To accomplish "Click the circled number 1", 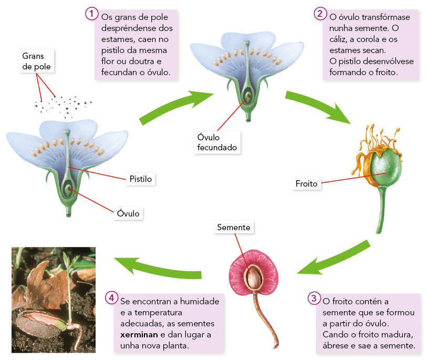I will click(92, 14).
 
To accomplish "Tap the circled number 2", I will click(320, 14).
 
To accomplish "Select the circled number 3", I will click(314, 298).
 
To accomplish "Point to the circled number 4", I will click(111, 298).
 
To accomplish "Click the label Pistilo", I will click(140, 179).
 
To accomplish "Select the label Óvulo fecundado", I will click(217, 142).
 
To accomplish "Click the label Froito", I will click(307, 184).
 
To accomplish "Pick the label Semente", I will click(233, 228).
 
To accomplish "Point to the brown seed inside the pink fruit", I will click(255, 277).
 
